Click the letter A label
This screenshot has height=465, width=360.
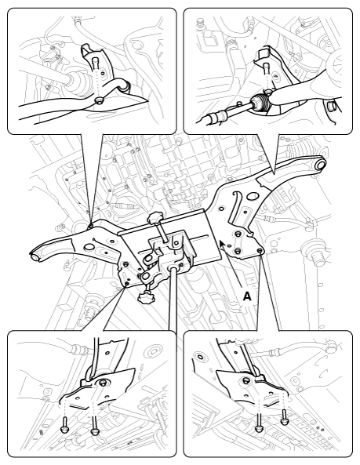coord(247,296)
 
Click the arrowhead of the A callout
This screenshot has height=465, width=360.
coord(222,245)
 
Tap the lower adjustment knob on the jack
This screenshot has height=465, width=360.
coord(145,297)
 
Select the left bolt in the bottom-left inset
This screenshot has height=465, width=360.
coord(64,424)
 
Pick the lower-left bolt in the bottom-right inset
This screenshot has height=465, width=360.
coord(259,423)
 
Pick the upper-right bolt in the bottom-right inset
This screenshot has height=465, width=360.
coord(285,417)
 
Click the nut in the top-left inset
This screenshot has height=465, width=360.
coord(98,101)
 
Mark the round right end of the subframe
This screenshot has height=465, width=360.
coord(320,164)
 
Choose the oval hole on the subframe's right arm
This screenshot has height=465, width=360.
coord(253,196)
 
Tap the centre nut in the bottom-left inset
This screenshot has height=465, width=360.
coord(102,383)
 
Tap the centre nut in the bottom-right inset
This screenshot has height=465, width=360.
coord(246,380)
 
